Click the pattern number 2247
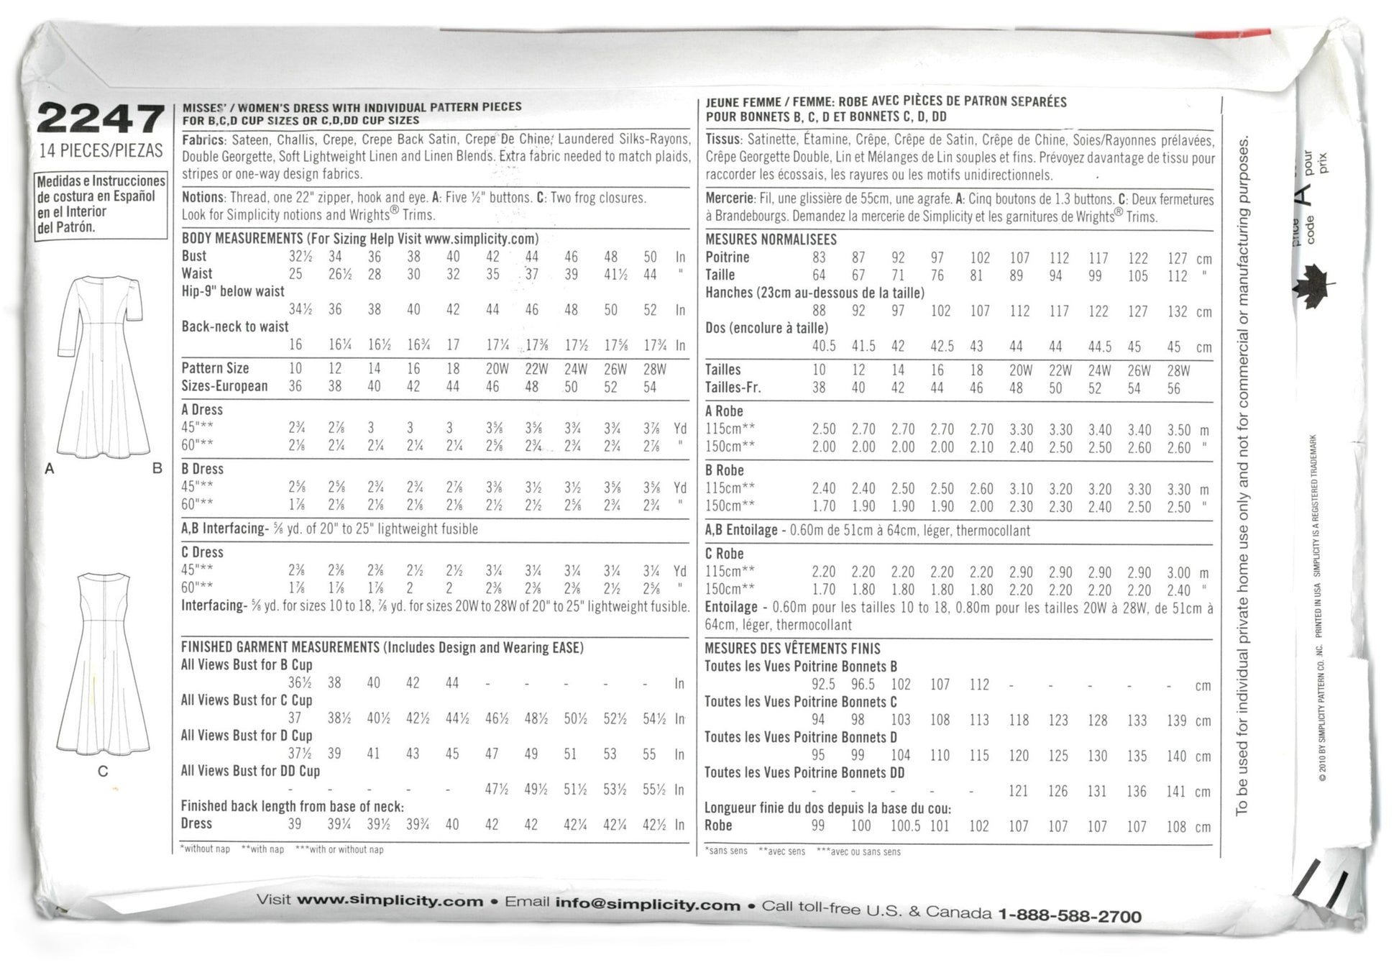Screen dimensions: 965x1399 pyautogui.click(x=101, y=119)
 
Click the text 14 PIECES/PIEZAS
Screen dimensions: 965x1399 pyautogui.click(x=101, y=151)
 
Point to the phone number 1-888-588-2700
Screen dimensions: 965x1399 pyautogui.click(x=1070, y=915)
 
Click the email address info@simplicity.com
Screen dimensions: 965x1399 pyautogui.click(x=647, y=905)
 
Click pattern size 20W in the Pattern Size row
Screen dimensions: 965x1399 pyautogui.click(x=497, y=369)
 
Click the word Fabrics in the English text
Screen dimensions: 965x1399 pyautogui.click(x=203, y=140)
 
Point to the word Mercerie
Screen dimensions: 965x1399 pyautogui.click(x=729, y=198)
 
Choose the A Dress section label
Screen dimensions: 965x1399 pyautogui.click(x=202, y=410)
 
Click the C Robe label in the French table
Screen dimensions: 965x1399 pyautogui.click(x=724, y=554)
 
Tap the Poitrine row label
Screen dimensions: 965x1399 pyautogui.click(x=727, y=257)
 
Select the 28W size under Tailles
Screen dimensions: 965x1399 pyautogui.click(x=1178, y=371)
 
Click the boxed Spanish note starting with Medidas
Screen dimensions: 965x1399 pyautogui.click(x=101, y=204)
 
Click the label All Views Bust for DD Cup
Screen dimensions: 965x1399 pyautogui.click(x=250, y=771)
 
